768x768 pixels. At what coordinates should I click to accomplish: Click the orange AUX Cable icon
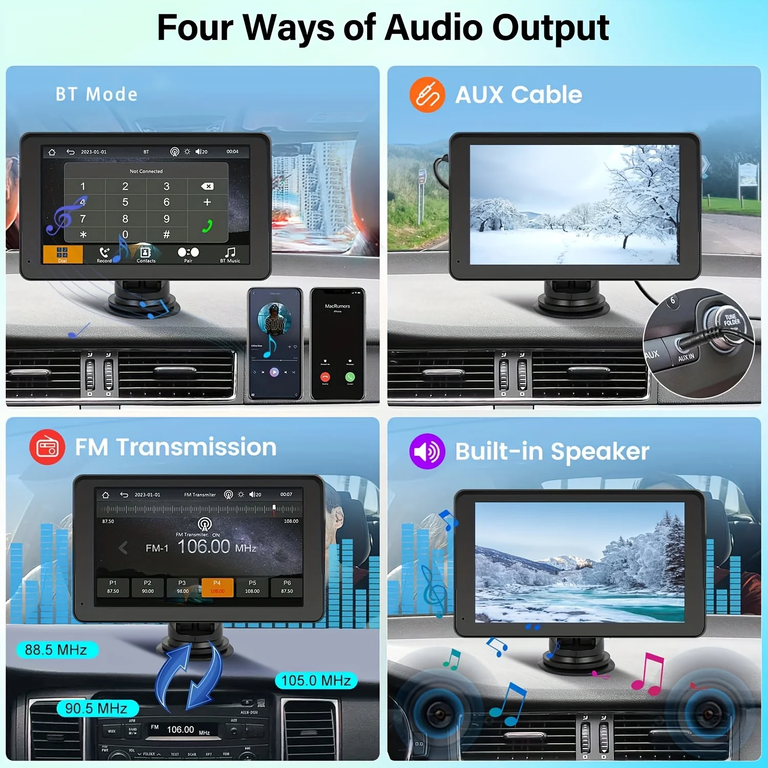[x=427, y=95]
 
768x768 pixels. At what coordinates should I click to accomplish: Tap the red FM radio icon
[x=47, y=447]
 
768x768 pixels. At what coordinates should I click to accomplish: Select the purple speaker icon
[x=427, y=451]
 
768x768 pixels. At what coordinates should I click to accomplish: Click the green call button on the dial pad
[x=207, y=226]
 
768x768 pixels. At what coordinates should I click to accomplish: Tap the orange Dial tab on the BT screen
[x=62, y=254]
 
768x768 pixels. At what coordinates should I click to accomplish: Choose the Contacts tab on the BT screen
[x=146, y=254]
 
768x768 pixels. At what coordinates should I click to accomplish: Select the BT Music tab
[x=230, y=254]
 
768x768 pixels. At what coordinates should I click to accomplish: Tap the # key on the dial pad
[x=166, y=234]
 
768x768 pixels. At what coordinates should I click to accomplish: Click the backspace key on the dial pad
[x=207, y=186]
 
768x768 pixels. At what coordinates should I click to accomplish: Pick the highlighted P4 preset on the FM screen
[x=217, y=587]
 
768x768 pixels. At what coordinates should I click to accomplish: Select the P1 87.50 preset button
[x=113, y=587]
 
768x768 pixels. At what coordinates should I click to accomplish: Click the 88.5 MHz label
[x=56, y=650]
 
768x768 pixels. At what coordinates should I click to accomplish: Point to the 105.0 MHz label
[x=316, y=680]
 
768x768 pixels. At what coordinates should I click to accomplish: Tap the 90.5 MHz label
[x=96, y=708]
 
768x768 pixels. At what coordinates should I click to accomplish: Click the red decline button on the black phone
[x=325, y=377]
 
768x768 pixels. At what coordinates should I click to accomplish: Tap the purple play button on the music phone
[x=274, y=372]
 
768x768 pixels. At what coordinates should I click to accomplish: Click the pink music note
[x=649, y=674]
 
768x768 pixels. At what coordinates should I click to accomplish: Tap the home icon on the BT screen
[x=52, y=152]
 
